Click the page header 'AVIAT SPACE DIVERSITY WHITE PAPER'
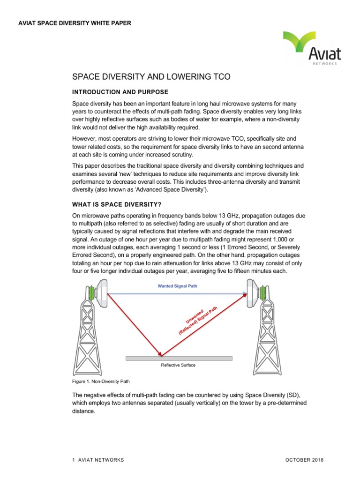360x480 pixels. [x=75, y=23]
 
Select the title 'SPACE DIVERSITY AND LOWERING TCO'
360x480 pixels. [x=151, y=76]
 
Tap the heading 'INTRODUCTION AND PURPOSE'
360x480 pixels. [x=120, y=91]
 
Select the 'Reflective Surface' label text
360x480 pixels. [x=178, y=365]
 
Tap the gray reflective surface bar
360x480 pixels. [x=179, y=359]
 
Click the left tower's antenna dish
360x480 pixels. [x=101, y=294]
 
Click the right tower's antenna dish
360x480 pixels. [x=253, y=294]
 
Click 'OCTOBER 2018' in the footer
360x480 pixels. [x=305, y=460]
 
